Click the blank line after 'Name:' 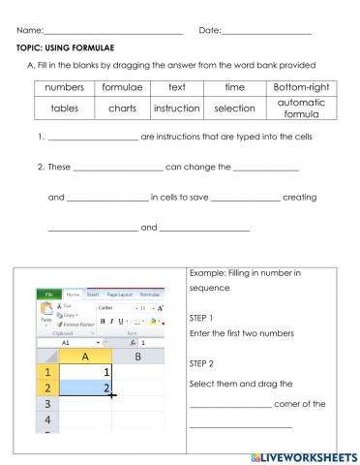coord(112,35)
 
